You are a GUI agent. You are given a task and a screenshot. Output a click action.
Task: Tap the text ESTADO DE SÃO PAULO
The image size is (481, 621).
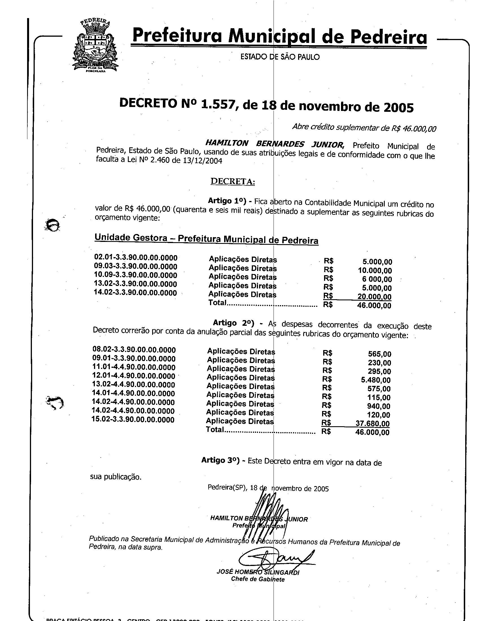280,57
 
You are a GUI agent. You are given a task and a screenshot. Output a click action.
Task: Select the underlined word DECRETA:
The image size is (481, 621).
233,182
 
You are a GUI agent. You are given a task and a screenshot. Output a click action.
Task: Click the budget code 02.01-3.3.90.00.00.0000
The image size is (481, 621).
135,257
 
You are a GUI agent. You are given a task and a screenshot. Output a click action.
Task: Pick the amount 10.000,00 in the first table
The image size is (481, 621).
375,270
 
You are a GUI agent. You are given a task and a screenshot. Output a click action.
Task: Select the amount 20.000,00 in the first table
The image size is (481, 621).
374,297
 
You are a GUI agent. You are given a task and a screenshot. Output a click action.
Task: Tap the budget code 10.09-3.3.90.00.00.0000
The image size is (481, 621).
135,275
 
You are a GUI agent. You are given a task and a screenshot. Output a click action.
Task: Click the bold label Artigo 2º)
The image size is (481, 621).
233,323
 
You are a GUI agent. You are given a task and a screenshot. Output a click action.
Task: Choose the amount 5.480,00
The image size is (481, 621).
375,380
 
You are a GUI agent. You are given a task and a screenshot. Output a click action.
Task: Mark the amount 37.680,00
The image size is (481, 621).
372,423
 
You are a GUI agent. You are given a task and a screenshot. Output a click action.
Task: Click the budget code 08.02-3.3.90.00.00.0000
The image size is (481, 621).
134,349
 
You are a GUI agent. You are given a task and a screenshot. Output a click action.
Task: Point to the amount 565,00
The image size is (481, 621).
379,354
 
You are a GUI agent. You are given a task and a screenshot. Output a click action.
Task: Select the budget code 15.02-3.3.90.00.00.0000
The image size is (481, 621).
133,419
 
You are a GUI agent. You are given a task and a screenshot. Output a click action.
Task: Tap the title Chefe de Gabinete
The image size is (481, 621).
257,579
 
